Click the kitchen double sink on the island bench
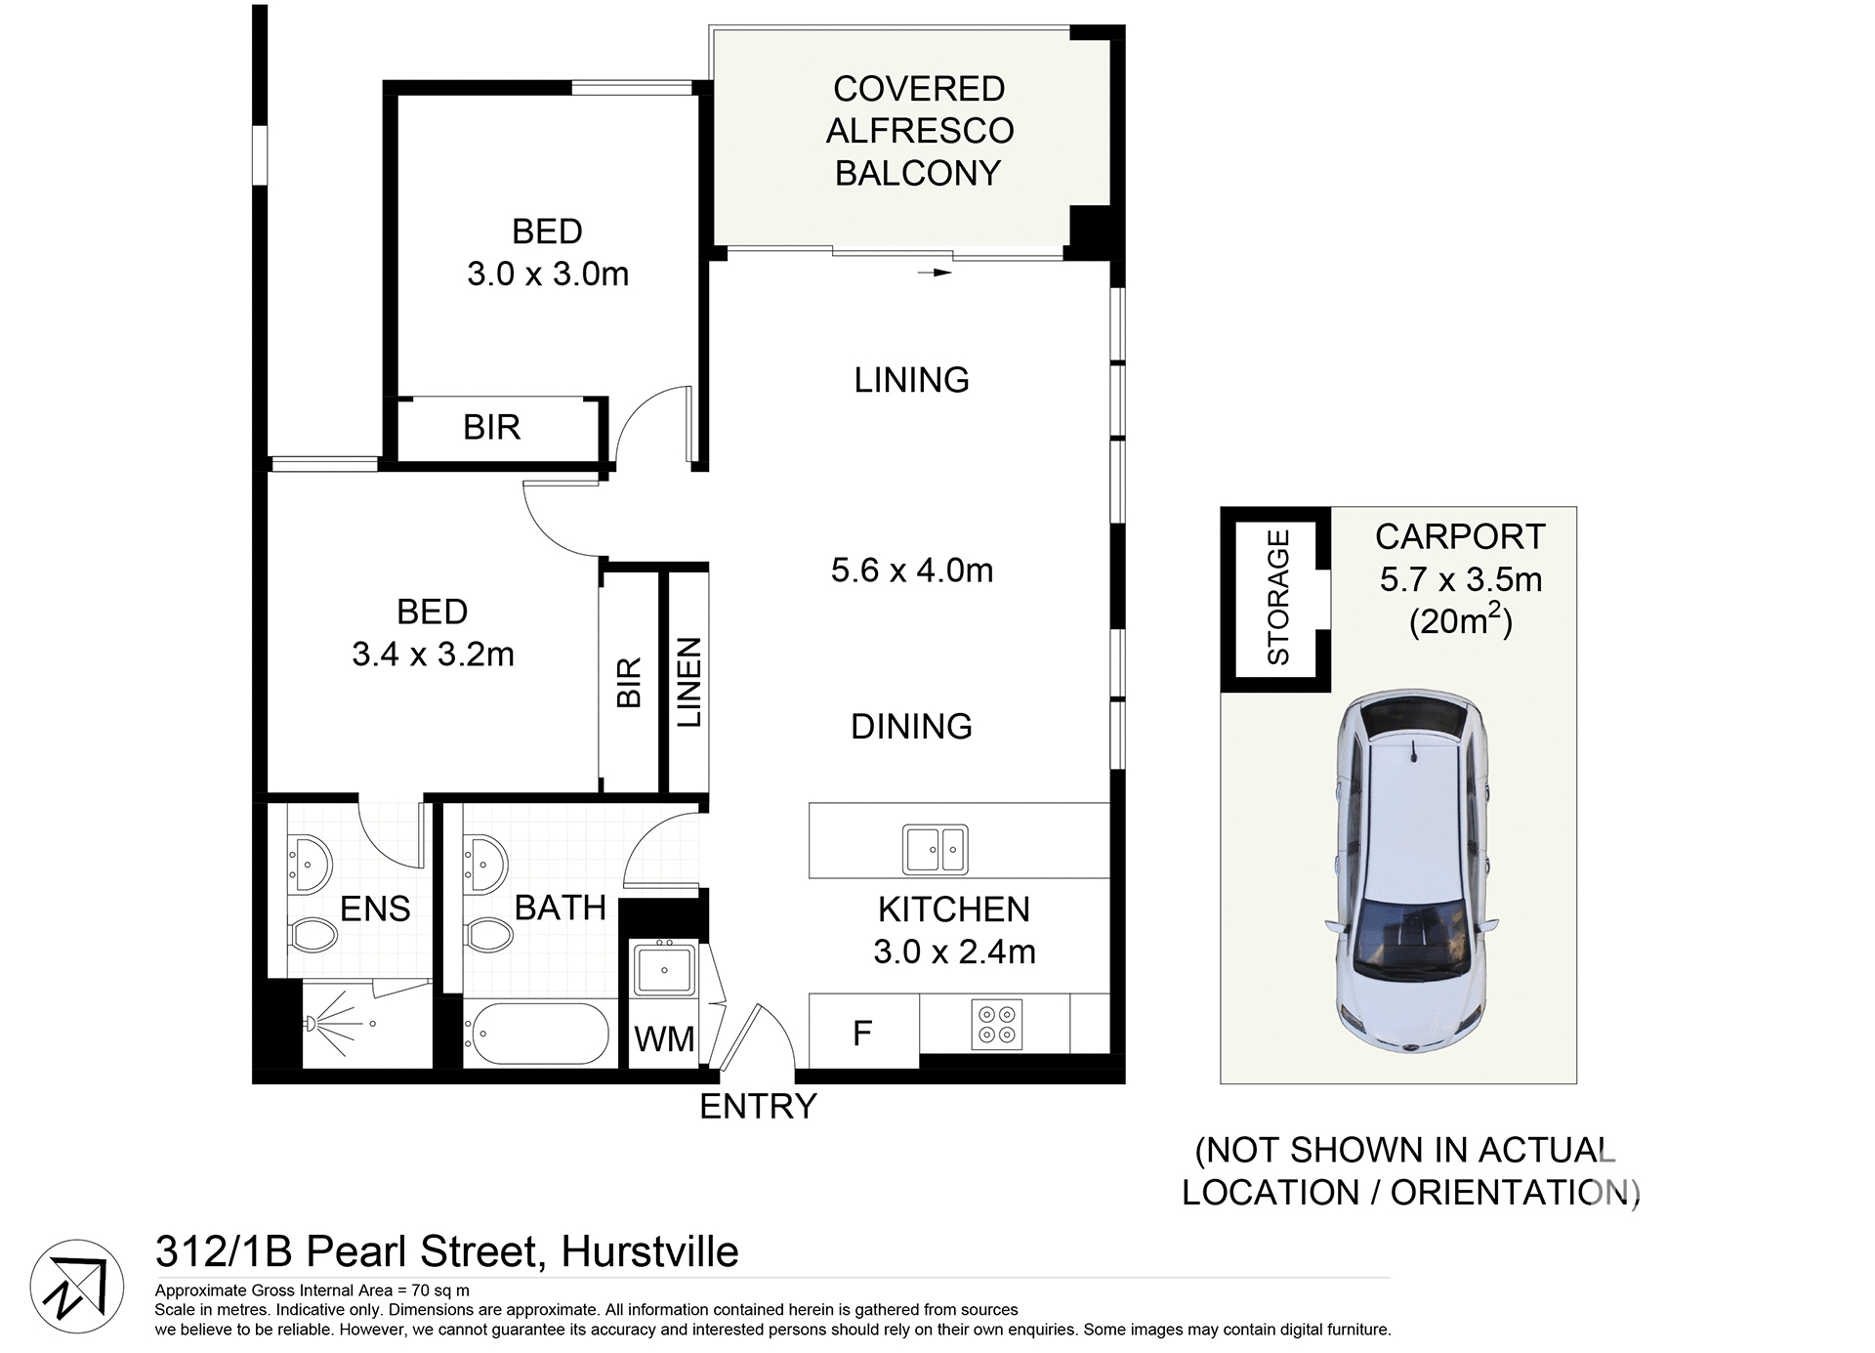935,849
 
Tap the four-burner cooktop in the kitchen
996,1024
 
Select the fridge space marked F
862,1033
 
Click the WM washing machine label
664,1039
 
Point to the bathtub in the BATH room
536,1034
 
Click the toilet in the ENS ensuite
313,934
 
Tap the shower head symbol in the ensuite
312,1024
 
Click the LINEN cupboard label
689,682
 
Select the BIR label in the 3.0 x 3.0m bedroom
491,427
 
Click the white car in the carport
1411,872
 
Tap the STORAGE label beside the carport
1278,597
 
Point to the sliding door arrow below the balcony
935,273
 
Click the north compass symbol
77,1287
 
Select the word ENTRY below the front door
758,1106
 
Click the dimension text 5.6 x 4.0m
911,570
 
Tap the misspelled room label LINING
911,379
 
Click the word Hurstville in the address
649,1251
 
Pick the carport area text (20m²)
1460,620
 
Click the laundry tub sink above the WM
664,968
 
